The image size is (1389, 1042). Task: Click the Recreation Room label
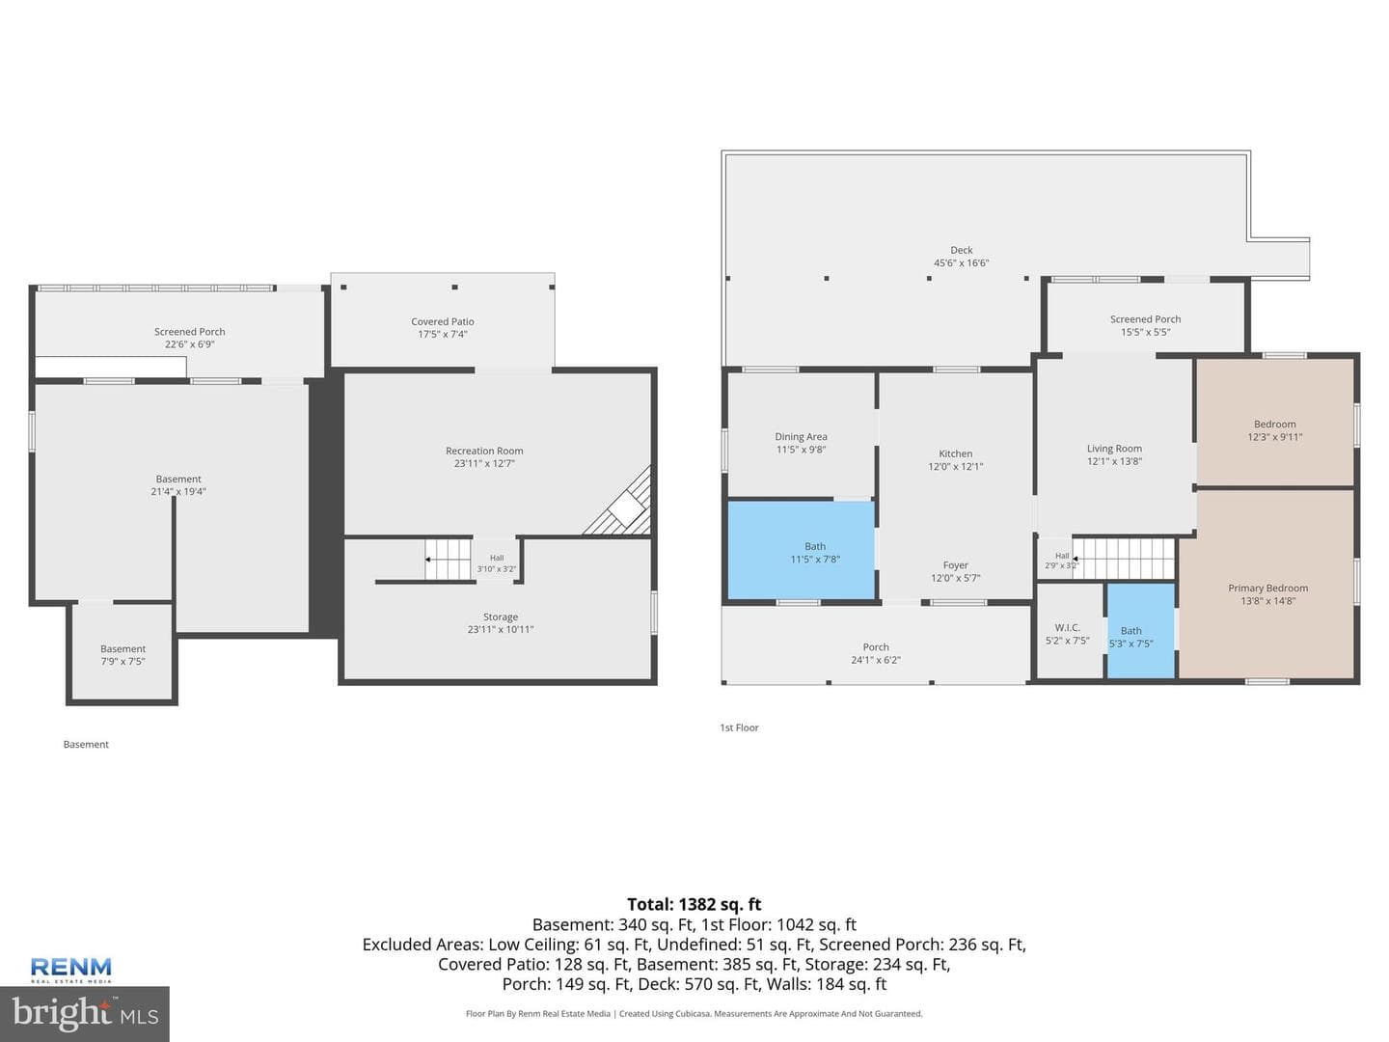coord(484,451)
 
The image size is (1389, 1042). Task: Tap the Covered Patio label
coord(443,321)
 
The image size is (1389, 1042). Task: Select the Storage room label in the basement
coord(501,617)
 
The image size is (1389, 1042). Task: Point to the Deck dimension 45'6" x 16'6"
coord(962,262)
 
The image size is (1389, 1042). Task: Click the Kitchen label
coord(956,453)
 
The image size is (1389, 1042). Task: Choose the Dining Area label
coord(802,436)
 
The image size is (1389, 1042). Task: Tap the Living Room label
coord(1114,449)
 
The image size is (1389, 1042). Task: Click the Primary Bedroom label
coord(1268,588)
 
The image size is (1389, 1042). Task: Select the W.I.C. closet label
coord(1067,627)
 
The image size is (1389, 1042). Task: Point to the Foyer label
coord(956,565)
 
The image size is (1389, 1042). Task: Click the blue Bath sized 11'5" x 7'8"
coord(802,550)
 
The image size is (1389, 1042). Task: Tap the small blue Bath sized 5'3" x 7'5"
coord(1140,630)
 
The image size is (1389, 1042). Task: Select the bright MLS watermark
coord(85,1013)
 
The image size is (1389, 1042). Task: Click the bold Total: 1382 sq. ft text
coord(694,904)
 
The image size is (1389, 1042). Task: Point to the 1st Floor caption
coord(739,727)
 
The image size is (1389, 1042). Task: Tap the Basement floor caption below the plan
coord(86,744)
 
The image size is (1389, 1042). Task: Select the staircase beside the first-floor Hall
coord(1123,558)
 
